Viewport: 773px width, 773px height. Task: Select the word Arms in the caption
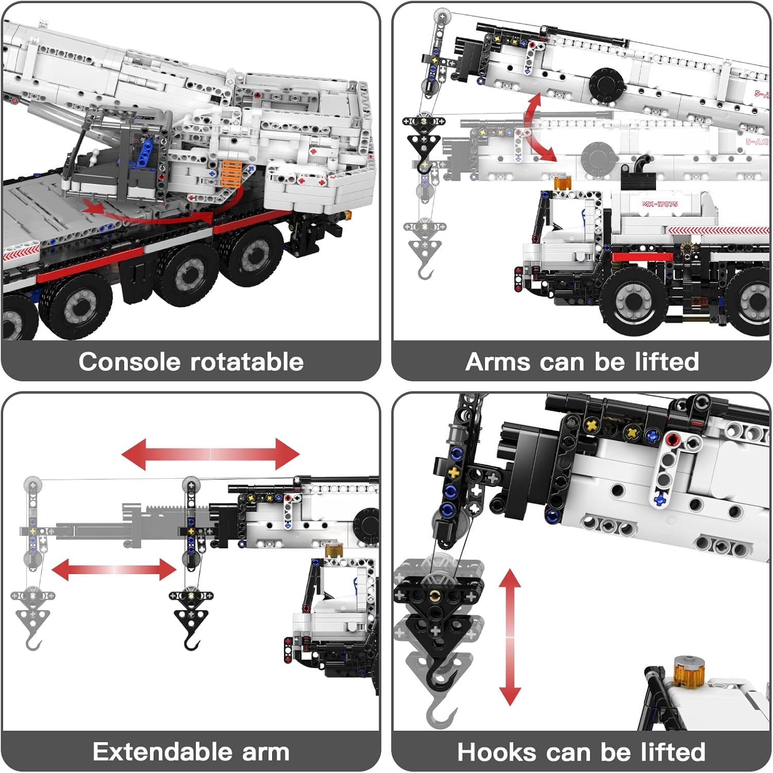tap(497, 362)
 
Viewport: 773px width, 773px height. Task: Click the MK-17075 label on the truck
tap(660, 204)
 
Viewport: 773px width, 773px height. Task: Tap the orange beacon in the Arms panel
tap(563, 182)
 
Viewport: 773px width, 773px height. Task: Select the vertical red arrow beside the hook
tap(510, 637)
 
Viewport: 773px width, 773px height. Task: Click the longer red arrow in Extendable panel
tap(210, 454)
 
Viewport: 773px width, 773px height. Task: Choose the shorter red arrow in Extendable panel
tap(114, 569)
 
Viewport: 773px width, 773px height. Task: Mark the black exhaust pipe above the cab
tap(642, 166)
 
